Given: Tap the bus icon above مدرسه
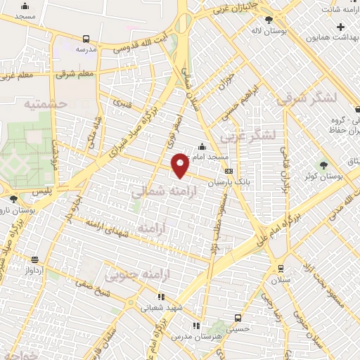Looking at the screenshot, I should tap(86, 39).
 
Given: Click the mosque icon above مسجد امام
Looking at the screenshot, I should tap(202, 147).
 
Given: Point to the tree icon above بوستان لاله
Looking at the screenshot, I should tap(269, 19).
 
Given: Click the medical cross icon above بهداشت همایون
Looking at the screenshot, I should tap(340, 27).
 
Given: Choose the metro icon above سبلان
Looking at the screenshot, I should tap(281, 268).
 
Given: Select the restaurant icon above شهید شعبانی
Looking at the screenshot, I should tap(161, 297).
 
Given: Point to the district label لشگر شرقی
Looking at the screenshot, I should tap(307, 98).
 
